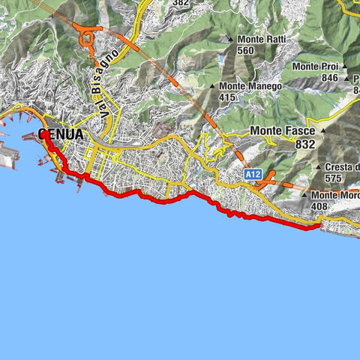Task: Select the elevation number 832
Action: pos(304,144)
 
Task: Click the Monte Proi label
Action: pos(316,66)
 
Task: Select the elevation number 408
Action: pos(319,205)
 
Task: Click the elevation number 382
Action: pos(180,3)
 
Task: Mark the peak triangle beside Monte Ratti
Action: pos(230,39)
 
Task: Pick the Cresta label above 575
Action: pos(342,167)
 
